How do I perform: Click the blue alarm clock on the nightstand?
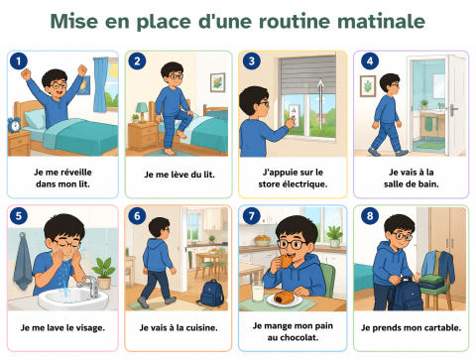[14, 125]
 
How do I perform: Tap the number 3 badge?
[252, 61]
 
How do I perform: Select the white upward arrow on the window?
[320, 104]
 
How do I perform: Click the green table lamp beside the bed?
[142, 111]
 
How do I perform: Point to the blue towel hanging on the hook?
[23, 261]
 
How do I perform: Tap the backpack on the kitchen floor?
[211, 294]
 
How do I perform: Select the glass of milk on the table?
[258, 291]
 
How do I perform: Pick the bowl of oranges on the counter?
[262, 240]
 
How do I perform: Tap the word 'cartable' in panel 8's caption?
[442, 327]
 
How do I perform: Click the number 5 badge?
[19, 216]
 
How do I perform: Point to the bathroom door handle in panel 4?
[453, 108]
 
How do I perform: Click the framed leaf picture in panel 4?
[368, 86]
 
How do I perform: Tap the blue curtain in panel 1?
[100, 85]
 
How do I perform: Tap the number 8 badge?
[370, 216]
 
